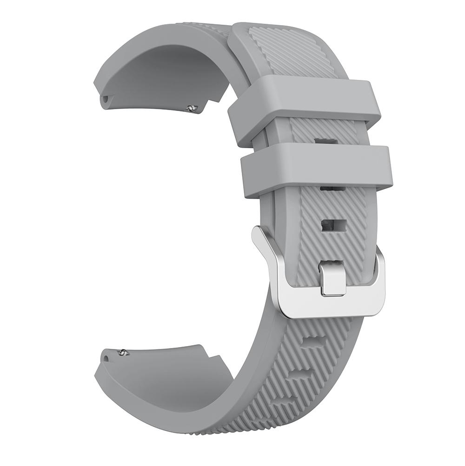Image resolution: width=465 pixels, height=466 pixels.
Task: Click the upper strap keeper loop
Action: pyautogui.click(x=305, y=102)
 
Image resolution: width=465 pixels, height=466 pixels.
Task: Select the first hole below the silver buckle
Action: pyautogui.click(x=312, y=343)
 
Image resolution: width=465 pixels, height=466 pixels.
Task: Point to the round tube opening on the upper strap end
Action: pyautogui.click(x=106, y=98)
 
